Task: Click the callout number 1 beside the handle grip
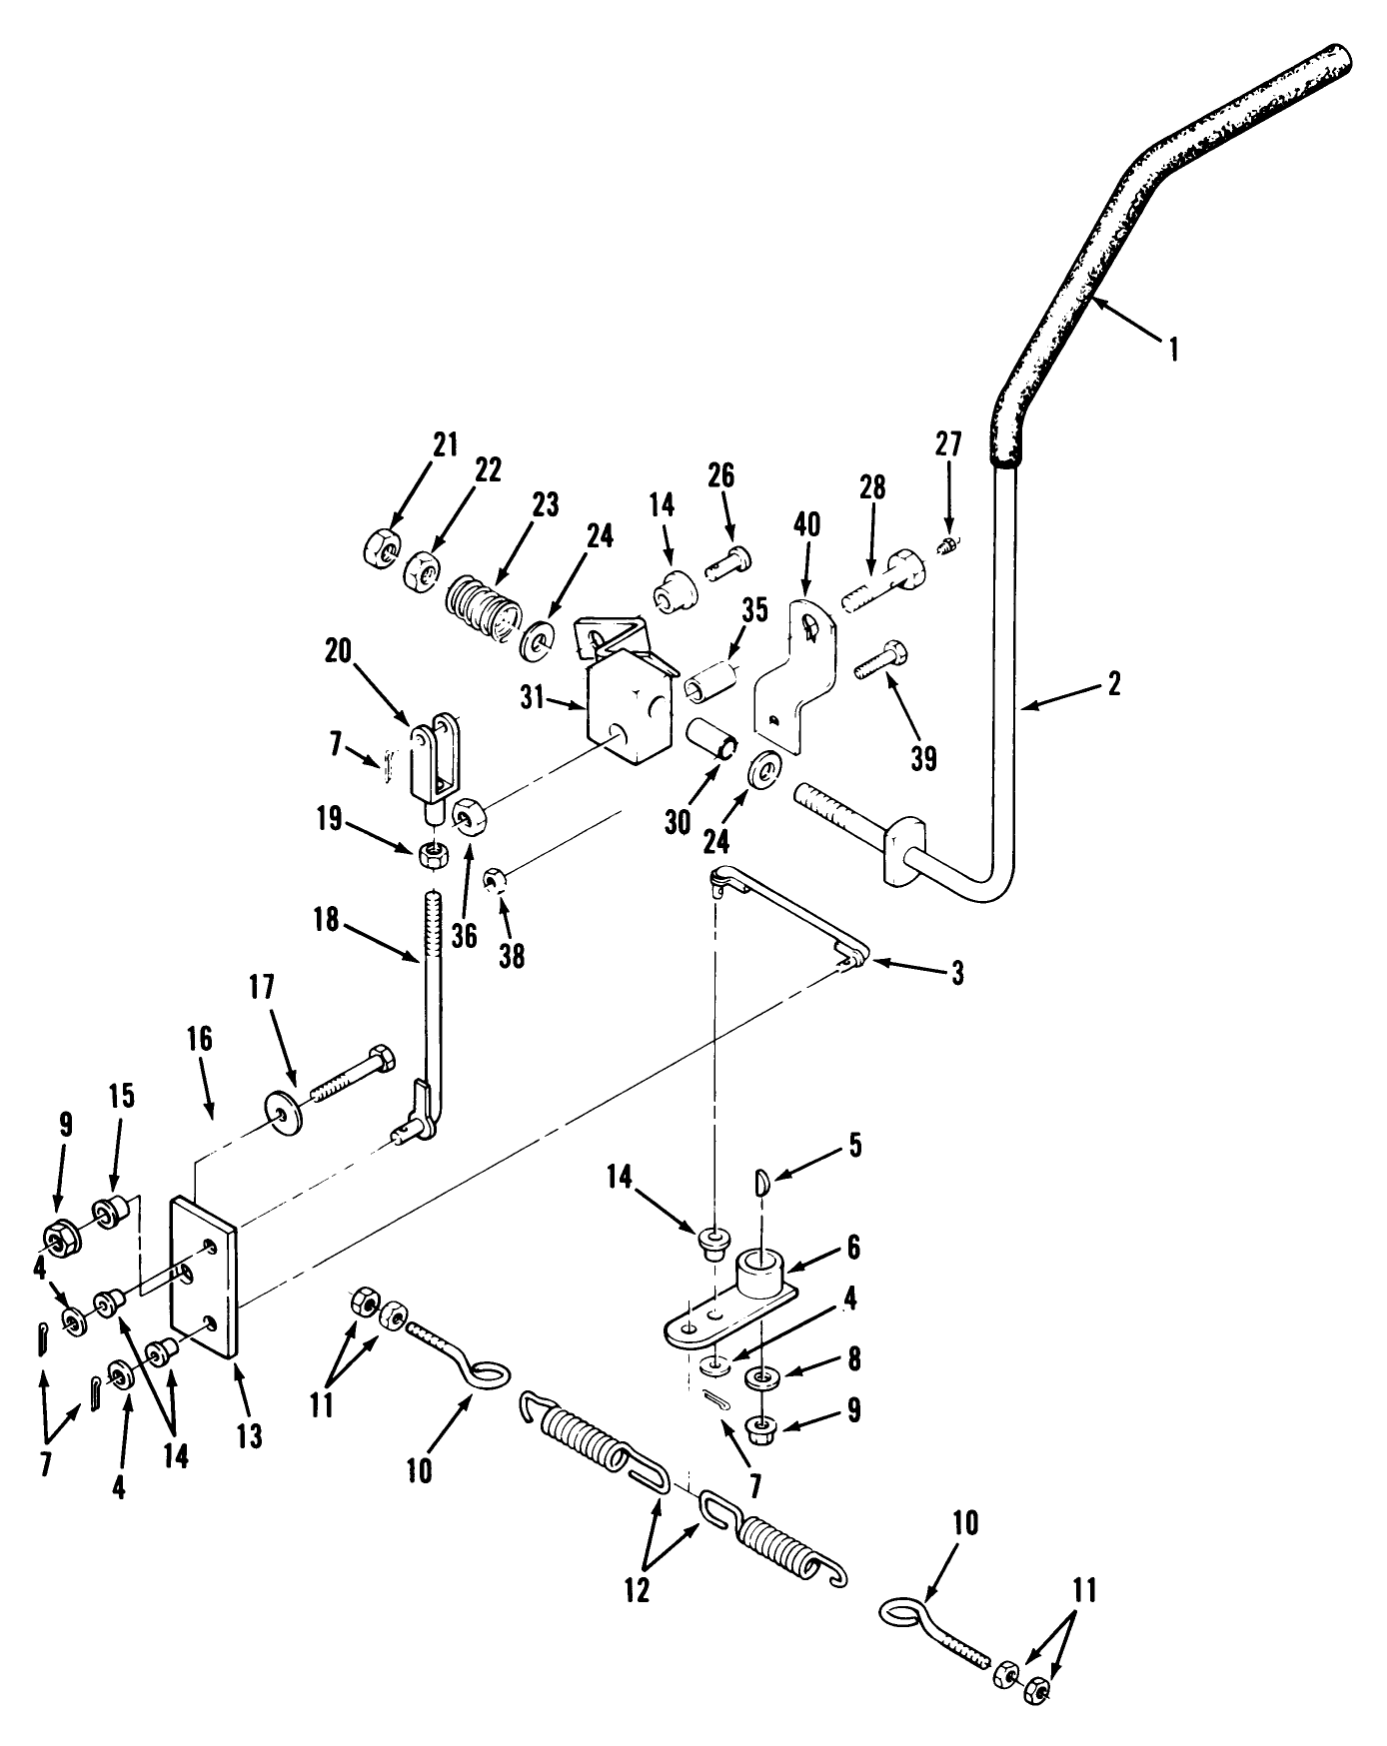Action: (x=1174, y=349)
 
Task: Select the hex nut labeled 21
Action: (x=379, y=546)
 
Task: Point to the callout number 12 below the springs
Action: (x=636, y=1589)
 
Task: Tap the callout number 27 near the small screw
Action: (x=947, y=443)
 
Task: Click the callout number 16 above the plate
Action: (x=199, y=1039)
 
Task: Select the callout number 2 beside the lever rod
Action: (x=1114, y=684)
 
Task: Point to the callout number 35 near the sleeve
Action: (x=754, y=610)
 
